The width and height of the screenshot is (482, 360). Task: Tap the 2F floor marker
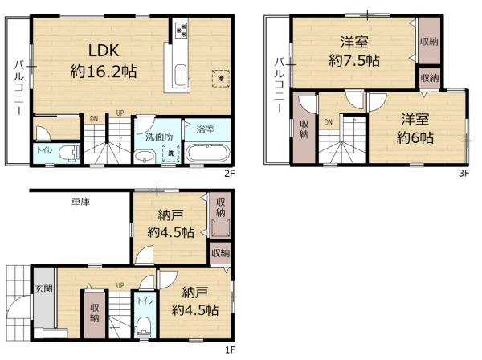pyautogui.click(x=231, y=171)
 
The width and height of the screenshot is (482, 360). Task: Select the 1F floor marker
pyautogui.click(x=231, y=350)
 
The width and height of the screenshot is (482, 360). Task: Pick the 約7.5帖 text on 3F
pyautogui.click(x=354, y=60)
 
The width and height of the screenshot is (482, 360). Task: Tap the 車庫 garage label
pyautogui.click(x=80, y=202)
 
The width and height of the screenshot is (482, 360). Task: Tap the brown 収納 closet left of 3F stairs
pyautogui.click(x=305, y=130)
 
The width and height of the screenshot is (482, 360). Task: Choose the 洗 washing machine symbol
pyautogui.click(x=170, y=153)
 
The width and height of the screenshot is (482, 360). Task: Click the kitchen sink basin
pyautogui.click(x=179, y=79)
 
